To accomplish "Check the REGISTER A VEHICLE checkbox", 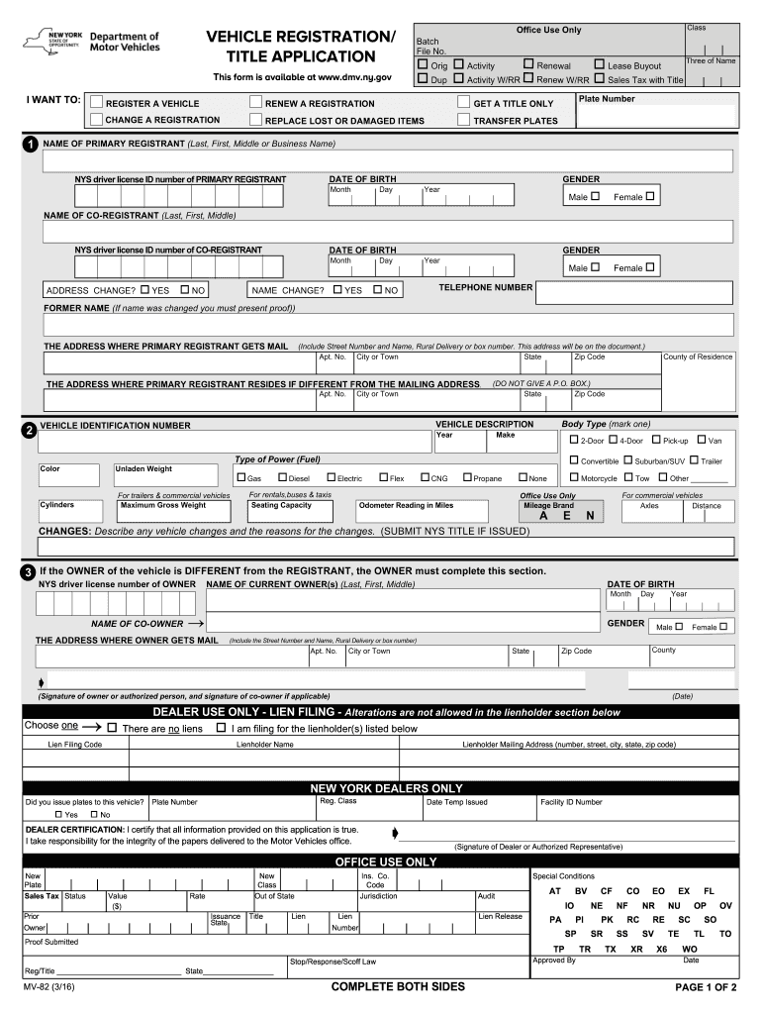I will click(x=96, y=103).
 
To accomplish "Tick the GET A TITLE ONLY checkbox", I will click(x=464, y=103).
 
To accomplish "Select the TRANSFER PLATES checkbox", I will click(x=464, y=120).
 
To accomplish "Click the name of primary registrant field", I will click(x=387, y=161).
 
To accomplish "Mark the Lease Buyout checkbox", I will click(x=599, y=65).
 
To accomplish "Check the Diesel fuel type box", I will click(x=280, y=478).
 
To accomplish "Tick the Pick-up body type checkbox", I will click(x=655, y=440).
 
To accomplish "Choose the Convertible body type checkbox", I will click(x=573, y=460).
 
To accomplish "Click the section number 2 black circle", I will click(x=30, y=430).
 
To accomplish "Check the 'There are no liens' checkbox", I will click(x=112, y=728).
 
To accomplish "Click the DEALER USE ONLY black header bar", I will click(x=387, y=712).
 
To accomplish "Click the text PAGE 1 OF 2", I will click(x=706, y=987).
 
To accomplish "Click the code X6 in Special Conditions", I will click(x=661, y=949).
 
